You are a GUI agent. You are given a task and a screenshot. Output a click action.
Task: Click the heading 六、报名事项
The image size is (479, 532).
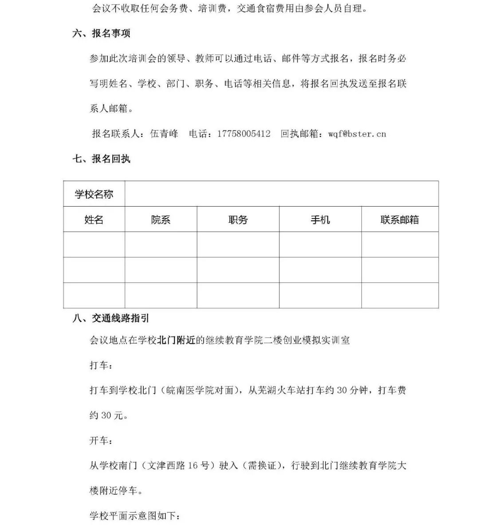[101, 34]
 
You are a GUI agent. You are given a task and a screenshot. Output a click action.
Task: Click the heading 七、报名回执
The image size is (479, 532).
[101, 159]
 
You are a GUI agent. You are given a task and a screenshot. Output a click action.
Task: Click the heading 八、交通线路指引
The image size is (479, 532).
[111, 318]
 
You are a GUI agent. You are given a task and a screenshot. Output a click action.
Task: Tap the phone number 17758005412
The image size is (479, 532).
[243, 133]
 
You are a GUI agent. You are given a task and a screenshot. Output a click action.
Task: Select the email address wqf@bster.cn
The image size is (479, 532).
[357, 133]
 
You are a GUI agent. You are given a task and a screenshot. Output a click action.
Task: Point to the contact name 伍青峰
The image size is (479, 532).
[164, 133]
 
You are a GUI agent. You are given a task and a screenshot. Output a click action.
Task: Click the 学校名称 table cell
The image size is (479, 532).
[94, 194]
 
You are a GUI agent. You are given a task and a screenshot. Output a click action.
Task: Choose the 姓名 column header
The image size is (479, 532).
[94, 219]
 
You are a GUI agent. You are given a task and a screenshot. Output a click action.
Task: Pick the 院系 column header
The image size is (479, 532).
[161, 219]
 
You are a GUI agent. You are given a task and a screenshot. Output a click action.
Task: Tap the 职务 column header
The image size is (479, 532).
[238, 219]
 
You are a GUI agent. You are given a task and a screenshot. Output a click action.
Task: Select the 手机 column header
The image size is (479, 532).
[320, 219]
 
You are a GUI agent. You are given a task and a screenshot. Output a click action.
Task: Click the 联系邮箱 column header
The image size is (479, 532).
[400, 219]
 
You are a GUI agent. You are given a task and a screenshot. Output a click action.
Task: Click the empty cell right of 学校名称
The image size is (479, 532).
[282, 194]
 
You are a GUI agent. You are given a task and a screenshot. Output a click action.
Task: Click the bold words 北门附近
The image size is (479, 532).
[177, 340]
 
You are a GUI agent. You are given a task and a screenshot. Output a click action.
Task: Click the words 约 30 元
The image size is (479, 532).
[109, 415]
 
